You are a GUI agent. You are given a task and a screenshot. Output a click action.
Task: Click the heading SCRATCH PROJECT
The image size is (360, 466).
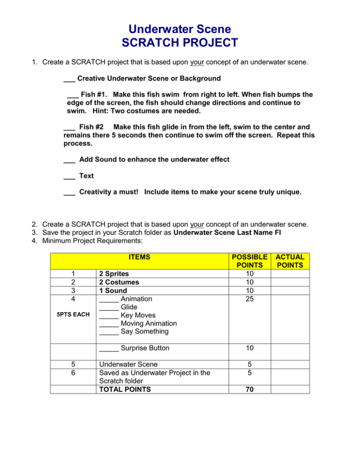point(180,43)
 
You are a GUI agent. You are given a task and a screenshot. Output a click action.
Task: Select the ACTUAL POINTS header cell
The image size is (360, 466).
point(289,261)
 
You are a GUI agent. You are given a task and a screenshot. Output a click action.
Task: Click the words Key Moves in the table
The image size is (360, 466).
point(139,315)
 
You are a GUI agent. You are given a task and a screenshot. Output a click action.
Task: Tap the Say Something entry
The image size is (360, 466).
point(144,332)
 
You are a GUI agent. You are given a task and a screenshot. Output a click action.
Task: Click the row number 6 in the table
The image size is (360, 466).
point(73,373)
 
